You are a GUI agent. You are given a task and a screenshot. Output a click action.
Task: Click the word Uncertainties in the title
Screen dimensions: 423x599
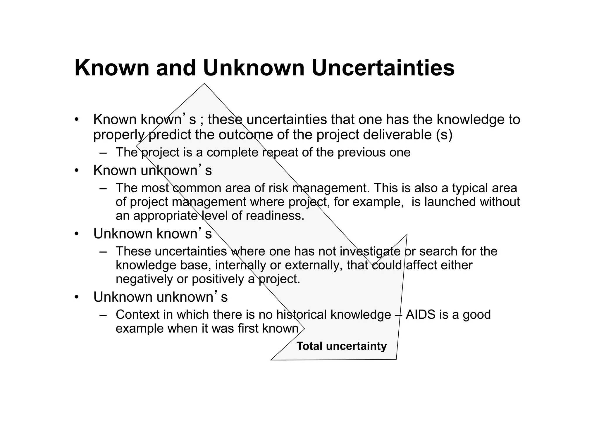point(383,68)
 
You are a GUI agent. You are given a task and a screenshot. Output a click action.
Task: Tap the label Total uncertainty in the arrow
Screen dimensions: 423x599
point(341,346)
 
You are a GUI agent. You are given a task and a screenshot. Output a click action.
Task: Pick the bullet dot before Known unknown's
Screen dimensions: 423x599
point(77,171)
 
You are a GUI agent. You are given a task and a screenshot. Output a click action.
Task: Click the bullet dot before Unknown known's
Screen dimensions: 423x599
point(77,234)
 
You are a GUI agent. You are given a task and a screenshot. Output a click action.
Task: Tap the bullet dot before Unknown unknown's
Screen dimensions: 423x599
point(77,297)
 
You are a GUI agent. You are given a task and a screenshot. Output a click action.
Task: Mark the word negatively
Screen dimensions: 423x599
point(144,279)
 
